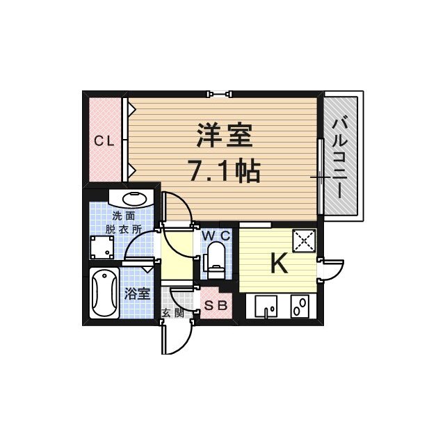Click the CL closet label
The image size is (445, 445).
pos(104,141)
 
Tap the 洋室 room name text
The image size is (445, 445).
pos(223,136)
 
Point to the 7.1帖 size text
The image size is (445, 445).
pos(223,170)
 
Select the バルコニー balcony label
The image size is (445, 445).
pos(340,157)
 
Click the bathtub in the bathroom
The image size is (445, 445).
pos(105,293)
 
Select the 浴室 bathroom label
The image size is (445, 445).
pos(137,293)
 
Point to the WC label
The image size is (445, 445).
pos(216,236)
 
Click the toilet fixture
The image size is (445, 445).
pos(216,258)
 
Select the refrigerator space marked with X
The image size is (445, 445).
pos(304,241)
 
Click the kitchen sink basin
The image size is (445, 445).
pos(266,306)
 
